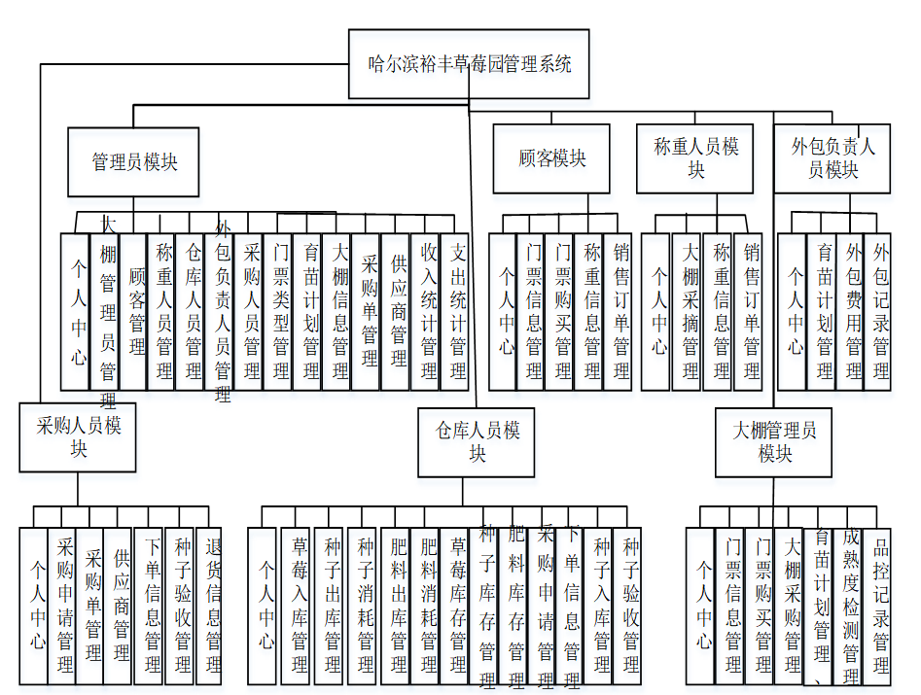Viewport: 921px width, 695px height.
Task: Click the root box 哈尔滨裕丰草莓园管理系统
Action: (469, 64)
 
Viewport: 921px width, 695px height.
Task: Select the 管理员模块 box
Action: (133, 162)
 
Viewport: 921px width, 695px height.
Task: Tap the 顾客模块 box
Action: (552, 158)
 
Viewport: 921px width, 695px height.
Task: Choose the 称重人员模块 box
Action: (695, 158)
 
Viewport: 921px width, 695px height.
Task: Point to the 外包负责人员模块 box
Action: (832, 158)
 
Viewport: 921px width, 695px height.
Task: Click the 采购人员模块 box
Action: (78, 437)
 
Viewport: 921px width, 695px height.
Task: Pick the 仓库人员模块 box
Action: (477, 441)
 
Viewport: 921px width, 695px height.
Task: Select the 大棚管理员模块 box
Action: (774, 441)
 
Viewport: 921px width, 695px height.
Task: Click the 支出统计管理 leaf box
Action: (456, 311)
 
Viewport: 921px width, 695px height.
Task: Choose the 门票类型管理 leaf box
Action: (280, 311)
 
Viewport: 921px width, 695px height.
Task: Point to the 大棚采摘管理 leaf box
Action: (689, 311)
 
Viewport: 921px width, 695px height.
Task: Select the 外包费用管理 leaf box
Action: (852, 311)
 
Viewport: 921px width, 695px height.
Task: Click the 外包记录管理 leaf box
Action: (879, 311)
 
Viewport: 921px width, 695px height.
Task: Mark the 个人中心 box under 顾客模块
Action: (504, 311)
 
